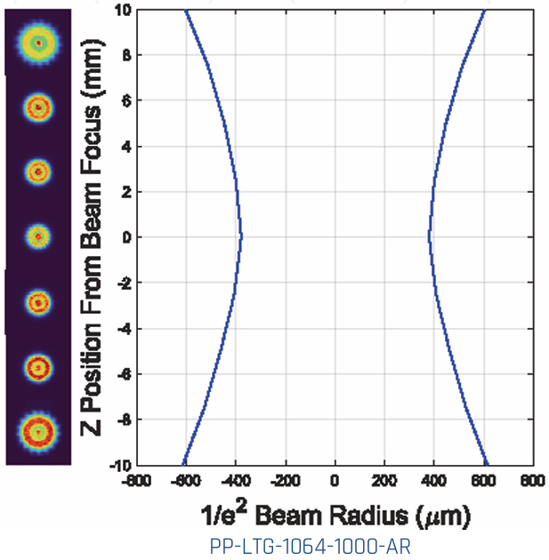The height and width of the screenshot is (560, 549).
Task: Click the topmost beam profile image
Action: pos(38,41)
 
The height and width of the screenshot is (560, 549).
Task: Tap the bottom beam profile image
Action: pos(38,431)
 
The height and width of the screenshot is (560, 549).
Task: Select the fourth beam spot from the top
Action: pos(38,236)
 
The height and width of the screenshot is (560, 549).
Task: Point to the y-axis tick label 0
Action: pos(126,237)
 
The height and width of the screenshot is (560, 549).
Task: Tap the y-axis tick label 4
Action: pos(126,146)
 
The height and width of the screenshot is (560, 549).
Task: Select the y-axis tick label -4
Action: pos(124,328)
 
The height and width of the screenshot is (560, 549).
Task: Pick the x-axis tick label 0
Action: pos(335,481)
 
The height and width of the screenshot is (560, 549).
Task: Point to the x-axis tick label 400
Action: pos(433,481)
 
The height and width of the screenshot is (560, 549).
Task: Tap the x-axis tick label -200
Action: pos(285,481)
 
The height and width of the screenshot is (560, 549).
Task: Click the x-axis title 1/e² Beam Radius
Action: pos(334,514)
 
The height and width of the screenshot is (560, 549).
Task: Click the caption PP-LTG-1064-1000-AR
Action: pos(333,544)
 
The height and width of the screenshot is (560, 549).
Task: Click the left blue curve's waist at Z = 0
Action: pos(241,236)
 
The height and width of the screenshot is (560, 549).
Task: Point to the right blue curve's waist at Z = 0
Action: pos(429,236)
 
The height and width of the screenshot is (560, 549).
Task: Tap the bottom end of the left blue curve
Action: pos(182,464)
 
